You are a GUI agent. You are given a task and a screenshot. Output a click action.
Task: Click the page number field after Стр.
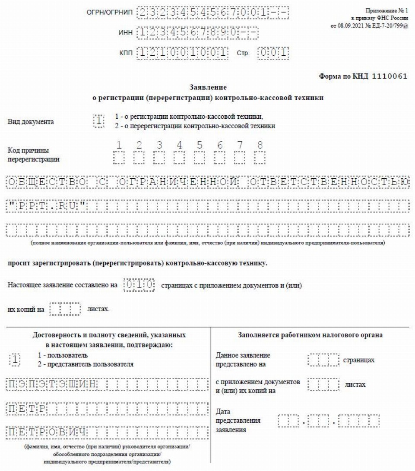(273, 53)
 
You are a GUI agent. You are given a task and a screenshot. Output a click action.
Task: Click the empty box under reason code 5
(200, 158)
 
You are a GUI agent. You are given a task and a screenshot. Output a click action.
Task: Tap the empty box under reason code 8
(260, 158)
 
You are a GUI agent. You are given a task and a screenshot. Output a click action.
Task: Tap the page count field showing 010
(139, 285)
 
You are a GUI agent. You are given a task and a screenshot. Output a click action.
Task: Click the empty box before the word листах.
(65, 310)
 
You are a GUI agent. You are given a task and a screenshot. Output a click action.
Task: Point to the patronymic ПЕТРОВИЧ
(48, 432)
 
